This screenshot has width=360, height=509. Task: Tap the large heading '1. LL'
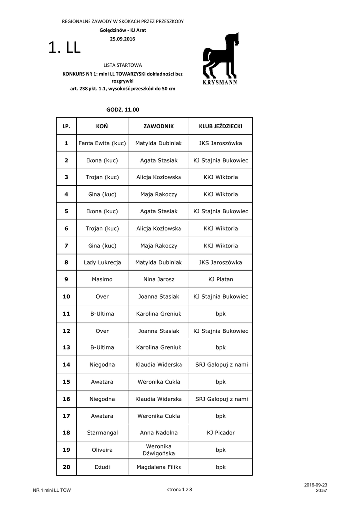pyautogui.click(x=64, y=48)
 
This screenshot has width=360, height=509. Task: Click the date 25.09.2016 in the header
pyautogui.click(x=122, y=39)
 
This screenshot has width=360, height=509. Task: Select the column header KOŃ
pyautogui.click(x=102, y=126)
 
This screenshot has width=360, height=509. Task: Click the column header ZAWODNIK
pyautogui.click(x=158, y=126)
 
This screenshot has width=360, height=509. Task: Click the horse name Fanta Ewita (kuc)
pyautogui.click(x=102, y=143)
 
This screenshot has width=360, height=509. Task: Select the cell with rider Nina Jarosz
pyautogui.click(x=158, y=279)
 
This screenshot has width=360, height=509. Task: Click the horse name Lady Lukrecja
pyautogui.click(x=102, y=262)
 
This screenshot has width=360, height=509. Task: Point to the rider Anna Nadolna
pyautogui.click(x=158, y=433)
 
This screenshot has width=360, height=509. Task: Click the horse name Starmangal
pyautogui.click(x=102, y=433)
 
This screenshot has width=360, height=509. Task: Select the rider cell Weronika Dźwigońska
pyautogui.click(x=158, y=450)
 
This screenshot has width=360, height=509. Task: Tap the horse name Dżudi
pyautogui.click(x=102, y=467)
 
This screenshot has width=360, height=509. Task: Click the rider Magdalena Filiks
pyautogui.click(x=158, y=467)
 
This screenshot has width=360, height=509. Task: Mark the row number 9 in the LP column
pyautogui.click(x=66, y=279)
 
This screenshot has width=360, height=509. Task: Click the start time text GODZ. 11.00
pyautogui.click(x=123, y=109)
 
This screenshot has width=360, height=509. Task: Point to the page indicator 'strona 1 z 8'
pyautogui.click(x=180, y=490)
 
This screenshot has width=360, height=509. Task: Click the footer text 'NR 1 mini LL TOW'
pyautogui.click(x=52, y=490)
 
